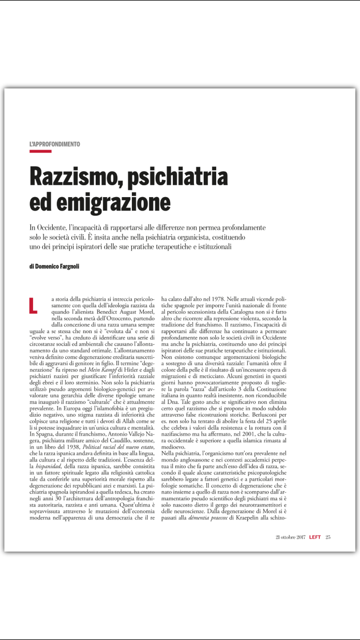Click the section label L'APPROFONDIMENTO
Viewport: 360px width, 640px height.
[55, 144]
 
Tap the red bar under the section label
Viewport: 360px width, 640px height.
[40, 152]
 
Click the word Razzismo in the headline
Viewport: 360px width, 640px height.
[73, 176]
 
